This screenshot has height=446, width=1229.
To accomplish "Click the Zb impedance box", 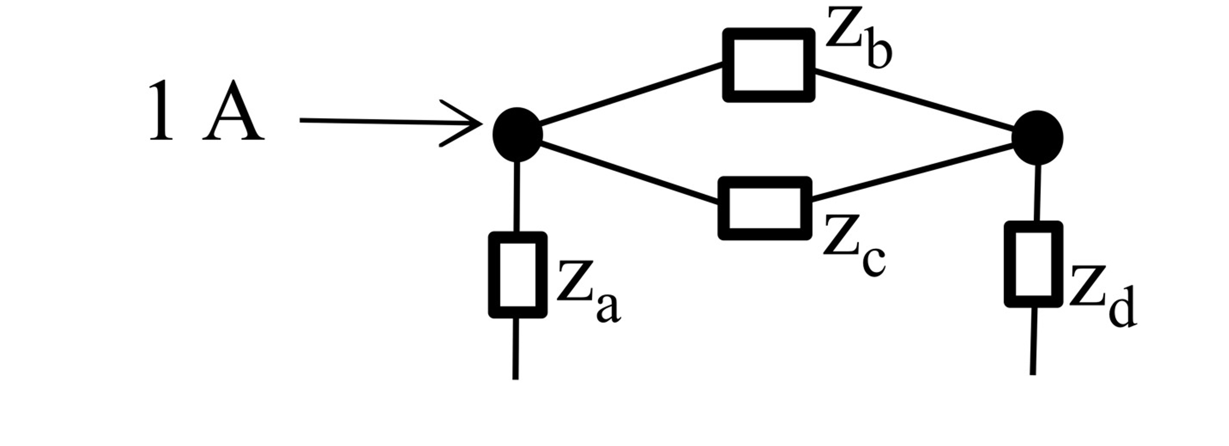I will tap(768, 65).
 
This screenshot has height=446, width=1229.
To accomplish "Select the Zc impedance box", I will tap(764, 208).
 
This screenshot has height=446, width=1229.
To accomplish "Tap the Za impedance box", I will tap(517, 275).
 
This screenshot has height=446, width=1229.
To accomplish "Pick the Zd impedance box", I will tap(1033, 264).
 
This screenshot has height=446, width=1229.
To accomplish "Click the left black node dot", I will tap(517, 135).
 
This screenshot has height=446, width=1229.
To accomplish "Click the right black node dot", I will tap(1037, 137).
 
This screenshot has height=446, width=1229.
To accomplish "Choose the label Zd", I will tap(1102, 297).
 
